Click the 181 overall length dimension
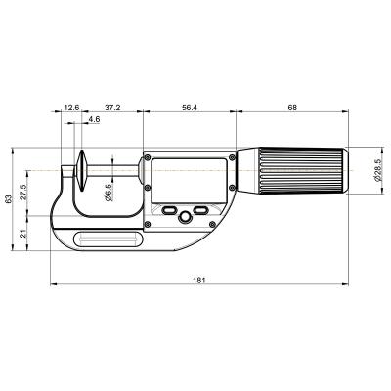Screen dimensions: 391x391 click(198, 281)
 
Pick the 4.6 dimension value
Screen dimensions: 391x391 click(94, 119)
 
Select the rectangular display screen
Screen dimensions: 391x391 click(190, 177)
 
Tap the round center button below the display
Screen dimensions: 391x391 click(184, 216)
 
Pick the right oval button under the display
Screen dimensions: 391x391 click(200, 210)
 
